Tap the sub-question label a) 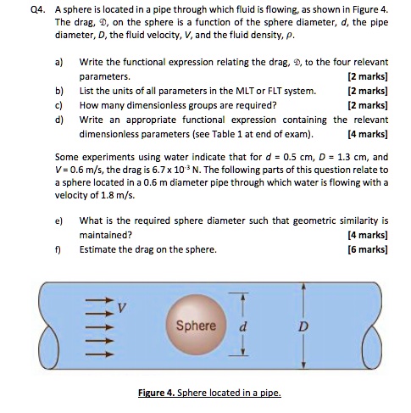tap(59, 62)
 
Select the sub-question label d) tap(59, 119)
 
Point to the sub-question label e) tap(59, 219)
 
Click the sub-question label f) tap(58, 249)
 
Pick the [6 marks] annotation tap(368, 249)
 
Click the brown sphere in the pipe tap(196, 326)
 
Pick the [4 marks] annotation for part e tap(368, 233)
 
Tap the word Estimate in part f tap(98, 249)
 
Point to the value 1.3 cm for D tap(340, 156)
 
